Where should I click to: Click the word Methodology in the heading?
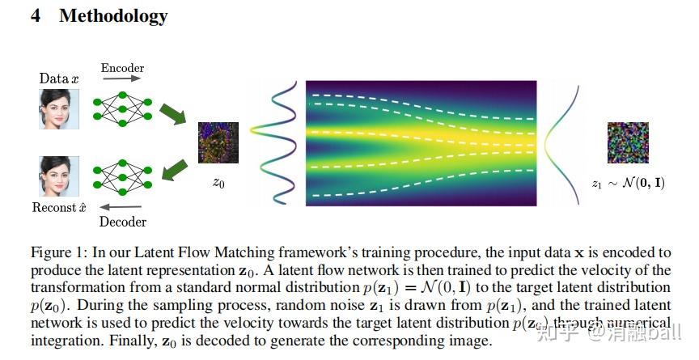113,15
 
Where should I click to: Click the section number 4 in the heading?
36,15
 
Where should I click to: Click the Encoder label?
122,68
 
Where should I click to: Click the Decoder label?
122,222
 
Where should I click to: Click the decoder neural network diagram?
122,176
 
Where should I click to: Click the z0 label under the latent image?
218,184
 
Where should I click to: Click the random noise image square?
628,143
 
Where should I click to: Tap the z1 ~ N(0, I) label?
628,184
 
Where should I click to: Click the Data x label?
59,78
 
